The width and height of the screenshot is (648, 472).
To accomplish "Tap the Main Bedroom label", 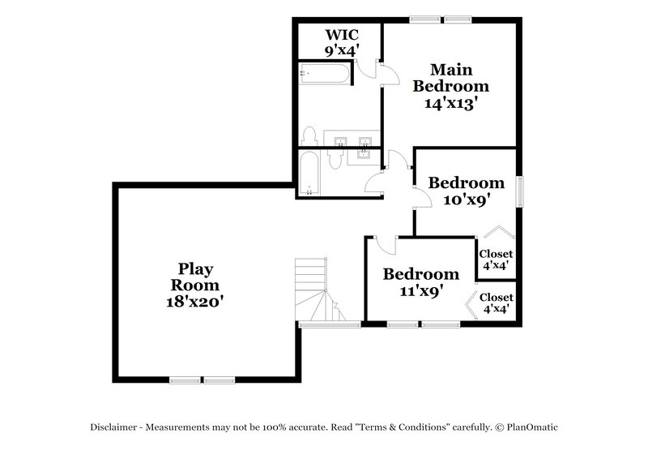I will tap(450, 78).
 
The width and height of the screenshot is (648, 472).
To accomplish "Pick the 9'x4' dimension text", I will tap(341, 49).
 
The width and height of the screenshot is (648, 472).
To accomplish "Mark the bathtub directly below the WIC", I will tap(325, 75).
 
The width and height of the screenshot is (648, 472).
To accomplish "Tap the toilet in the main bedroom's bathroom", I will tap(309, 135).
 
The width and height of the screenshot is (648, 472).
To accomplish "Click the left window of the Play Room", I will tap(185, 379).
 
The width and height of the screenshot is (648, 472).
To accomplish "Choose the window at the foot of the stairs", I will tap(329, 324).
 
